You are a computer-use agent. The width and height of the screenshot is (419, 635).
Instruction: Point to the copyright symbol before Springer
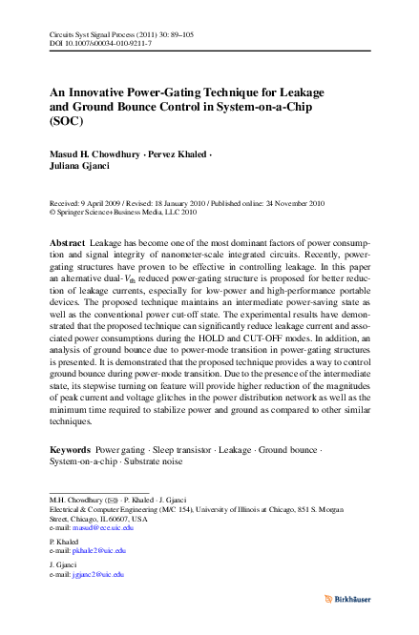52,214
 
